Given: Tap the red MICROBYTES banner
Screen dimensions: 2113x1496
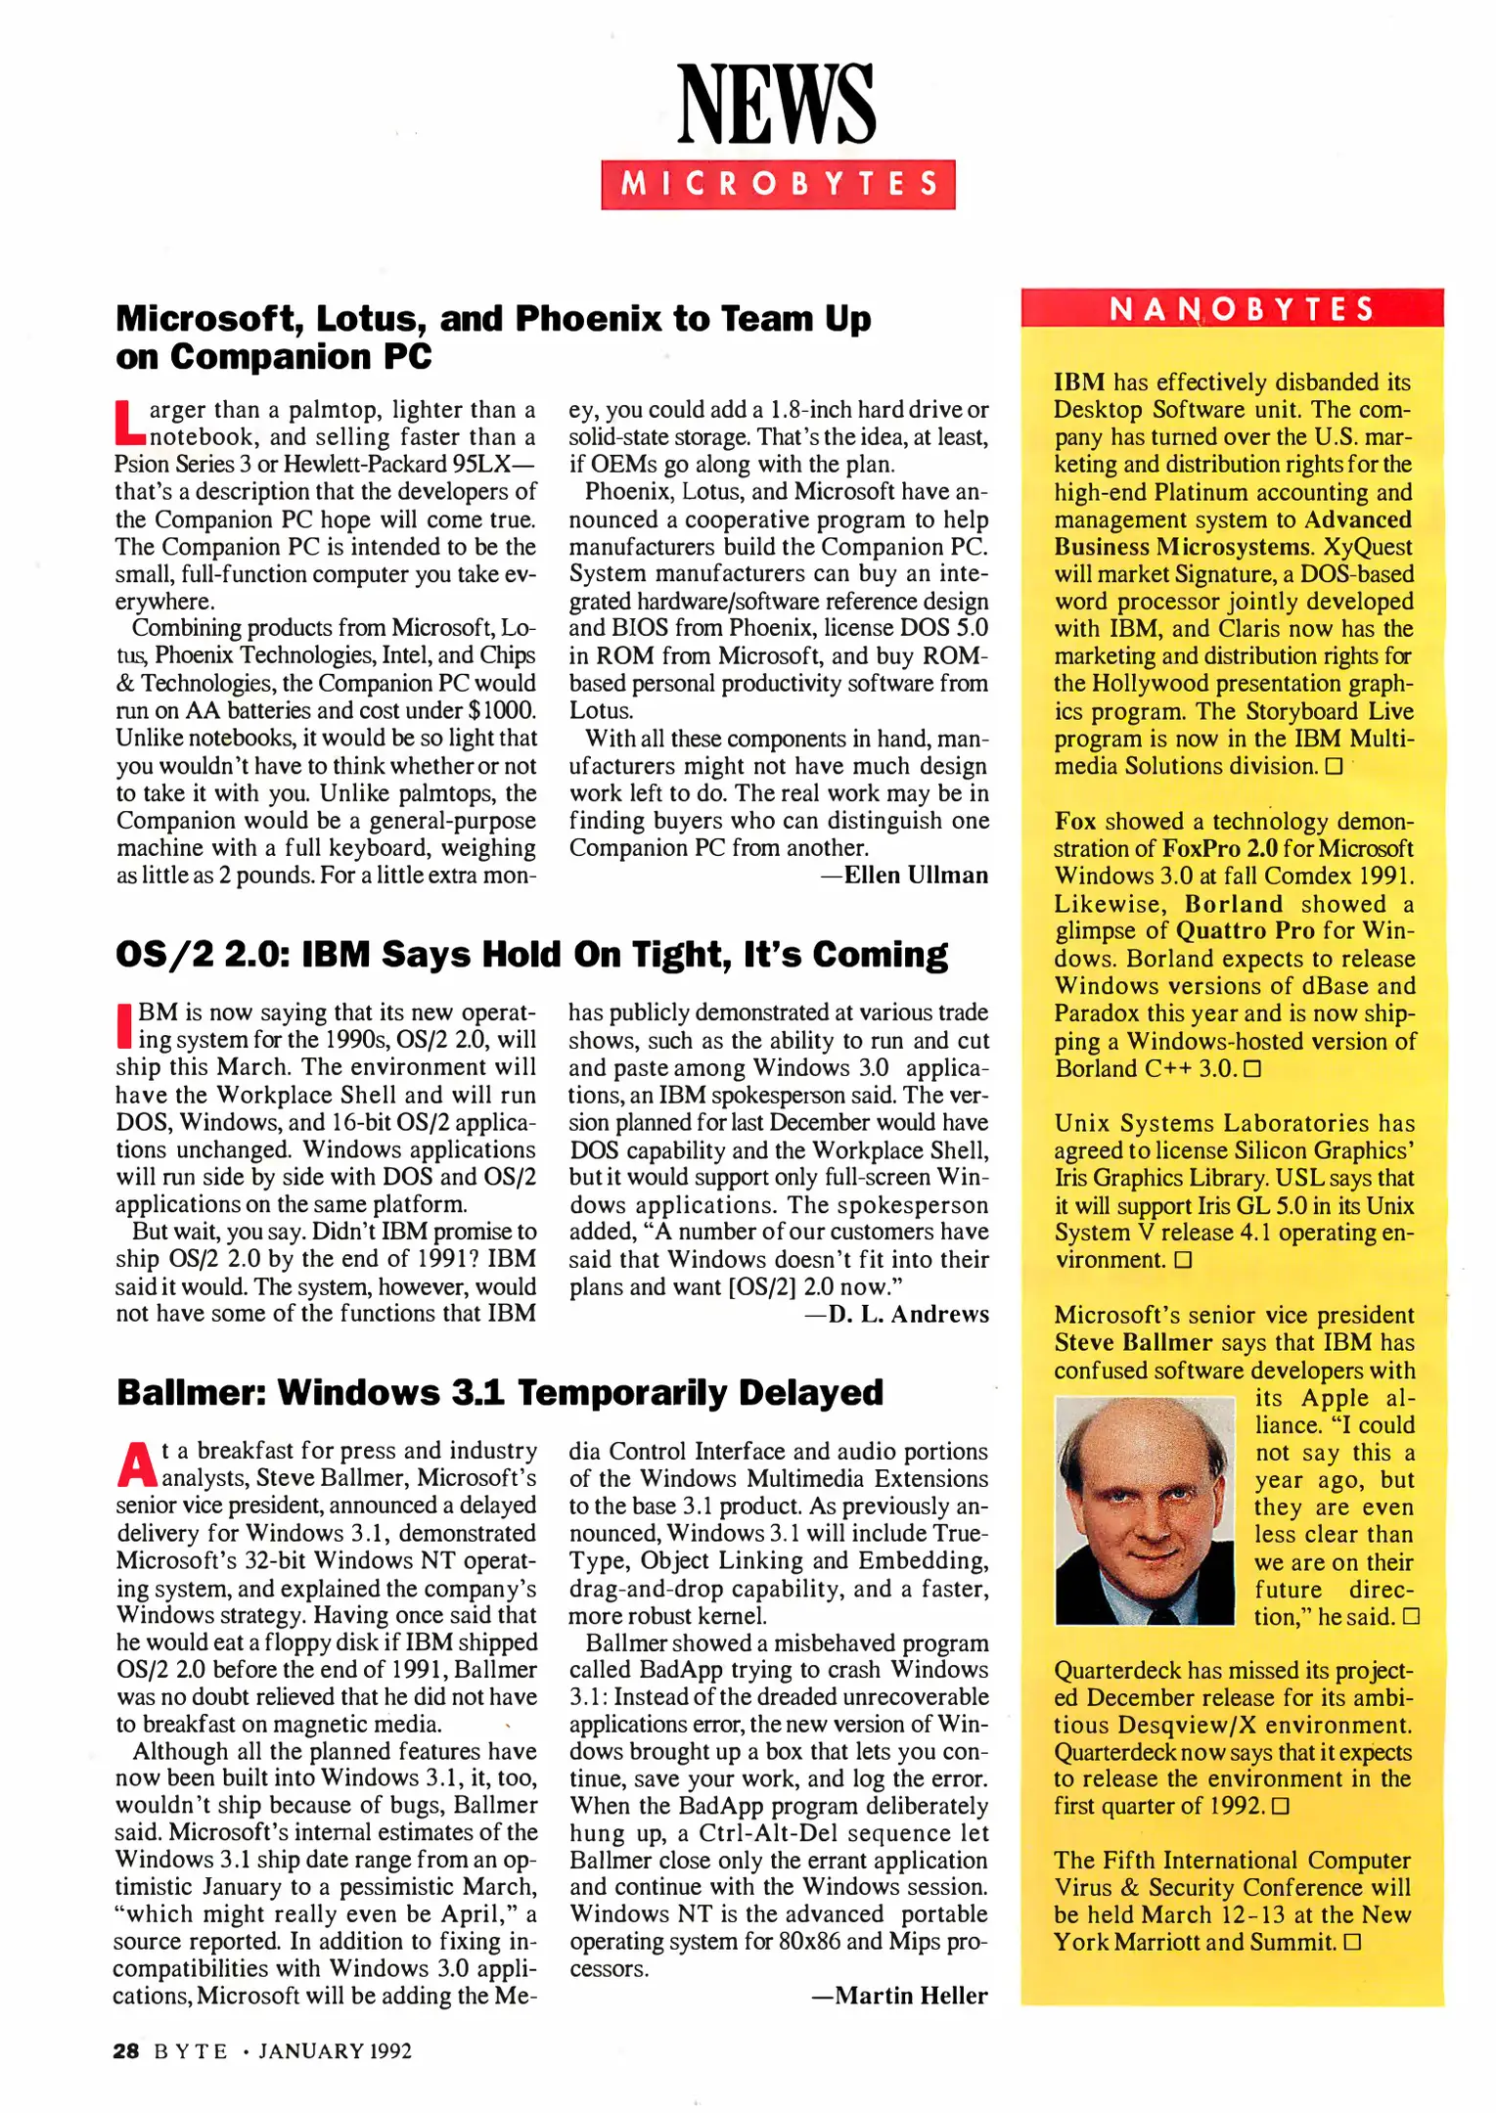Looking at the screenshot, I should pyautogui.click(x=778, y=184).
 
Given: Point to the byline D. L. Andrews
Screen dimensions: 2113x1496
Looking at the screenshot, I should pyautogui.click(x=908, y=1314).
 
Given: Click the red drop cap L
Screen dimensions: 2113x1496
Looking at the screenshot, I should pyautogui.click(x=128, y=422).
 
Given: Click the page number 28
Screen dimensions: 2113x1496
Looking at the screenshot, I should pyautogui.click(x=126, y=2051).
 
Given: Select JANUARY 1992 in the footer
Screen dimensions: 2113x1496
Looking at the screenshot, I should pyautogui.click(x=335, y=2051).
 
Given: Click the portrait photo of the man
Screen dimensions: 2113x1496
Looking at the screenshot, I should pyautogui.click(x=1145, y=1511).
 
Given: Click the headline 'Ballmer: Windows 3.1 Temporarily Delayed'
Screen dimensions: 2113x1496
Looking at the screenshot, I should pyautogui.click(x=499, y=1392).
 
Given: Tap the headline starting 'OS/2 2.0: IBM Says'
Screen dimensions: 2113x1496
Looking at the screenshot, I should pyautogui.click(x=531, y=954).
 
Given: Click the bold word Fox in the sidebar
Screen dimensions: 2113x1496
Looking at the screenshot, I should pyautogui.click(x=1074, y=822).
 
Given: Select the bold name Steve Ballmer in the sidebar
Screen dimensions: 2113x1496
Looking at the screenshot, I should pyautogui.click(x=1133, y=1343).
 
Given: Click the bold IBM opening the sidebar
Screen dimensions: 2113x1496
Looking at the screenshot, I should pyautogui.click(x=1079, y=382).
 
